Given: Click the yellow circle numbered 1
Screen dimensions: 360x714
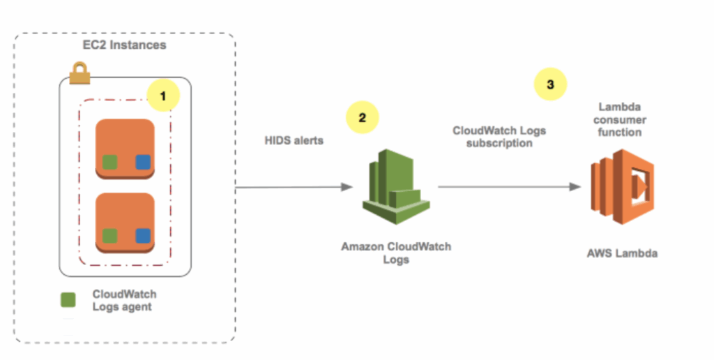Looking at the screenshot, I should [163, 96].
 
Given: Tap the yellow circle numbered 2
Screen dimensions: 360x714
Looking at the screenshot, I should [361, 117].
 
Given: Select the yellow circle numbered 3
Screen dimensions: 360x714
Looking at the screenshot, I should [550, 85].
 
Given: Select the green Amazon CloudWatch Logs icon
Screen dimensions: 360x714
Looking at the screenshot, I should [395, 186].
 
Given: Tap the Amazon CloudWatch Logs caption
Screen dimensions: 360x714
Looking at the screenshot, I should [395, 253].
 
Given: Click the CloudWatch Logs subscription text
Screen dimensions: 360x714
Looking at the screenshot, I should [499, 136].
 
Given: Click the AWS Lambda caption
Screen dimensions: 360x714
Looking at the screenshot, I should [621, 253].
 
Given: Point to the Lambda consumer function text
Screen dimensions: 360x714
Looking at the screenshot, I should [622, 119].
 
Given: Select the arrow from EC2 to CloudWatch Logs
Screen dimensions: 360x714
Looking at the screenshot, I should [293, 187].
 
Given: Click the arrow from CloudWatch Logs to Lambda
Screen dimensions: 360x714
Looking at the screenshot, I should [509, 187].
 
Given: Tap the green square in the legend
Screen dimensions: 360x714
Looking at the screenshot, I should [68, 299].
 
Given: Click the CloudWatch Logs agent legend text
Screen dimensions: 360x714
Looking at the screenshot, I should [124, 300].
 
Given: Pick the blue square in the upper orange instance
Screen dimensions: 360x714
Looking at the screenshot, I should [143, 163].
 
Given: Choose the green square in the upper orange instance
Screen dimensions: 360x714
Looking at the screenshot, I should [109, 163].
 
